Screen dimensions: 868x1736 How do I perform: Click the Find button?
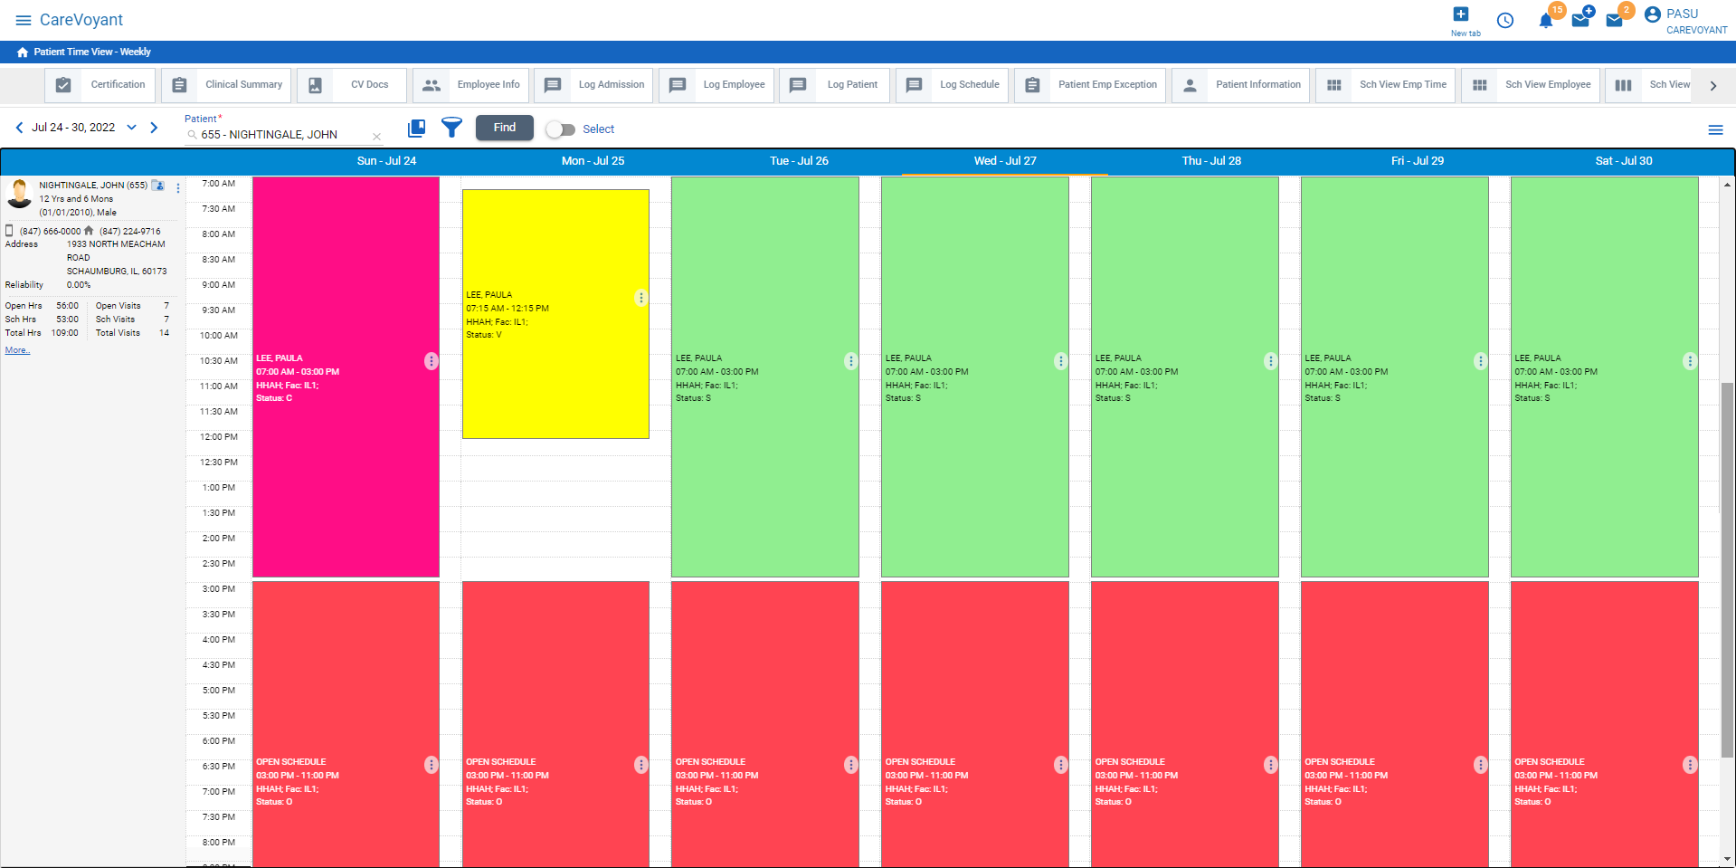pyautogui.click(x=504, y=128)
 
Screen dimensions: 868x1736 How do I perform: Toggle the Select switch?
pyautogui.click(x=561, y=129)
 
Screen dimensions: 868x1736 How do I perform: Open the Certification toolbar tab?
pyautogui.click(x=100, y=85)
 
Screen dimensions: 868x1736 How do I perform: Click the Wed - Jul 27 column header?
pyautogui.click(x=1004, y=161)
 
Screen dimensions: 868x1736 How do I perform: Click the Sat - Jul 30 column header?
pyautogui.click(x=1623, y=161)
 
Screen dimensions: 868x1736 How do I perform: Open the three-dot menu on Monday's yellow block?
pyautogui.click(x=640, y=298)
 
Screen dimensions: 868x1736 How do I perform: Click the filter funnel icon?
pyautogui.click(x=451, y=128)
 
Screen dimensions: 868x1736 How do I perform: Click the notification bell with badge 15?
pyautogui.click(x=1546, y=21)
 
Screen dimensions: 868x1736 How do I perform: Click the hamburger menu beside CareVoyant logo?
pyautogui.click(x=24, y=20)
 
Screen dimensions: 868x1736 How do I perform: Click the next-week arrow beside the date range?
pyautogui.click(x=154, y=128)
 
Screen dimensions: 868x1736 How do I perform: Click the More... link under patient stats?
pyautogui.click(x=17, y=350)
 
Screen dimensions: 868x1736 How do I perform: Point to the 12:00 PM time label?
pyautogui.click(x=219, y=437)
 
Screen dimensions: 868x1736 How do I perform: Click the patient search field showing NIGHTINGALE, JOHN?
pyautogui.click(x=280, y=135)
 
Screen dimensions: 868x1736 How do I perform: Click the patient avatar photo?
pyautogui.click(x=19, y=193)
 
